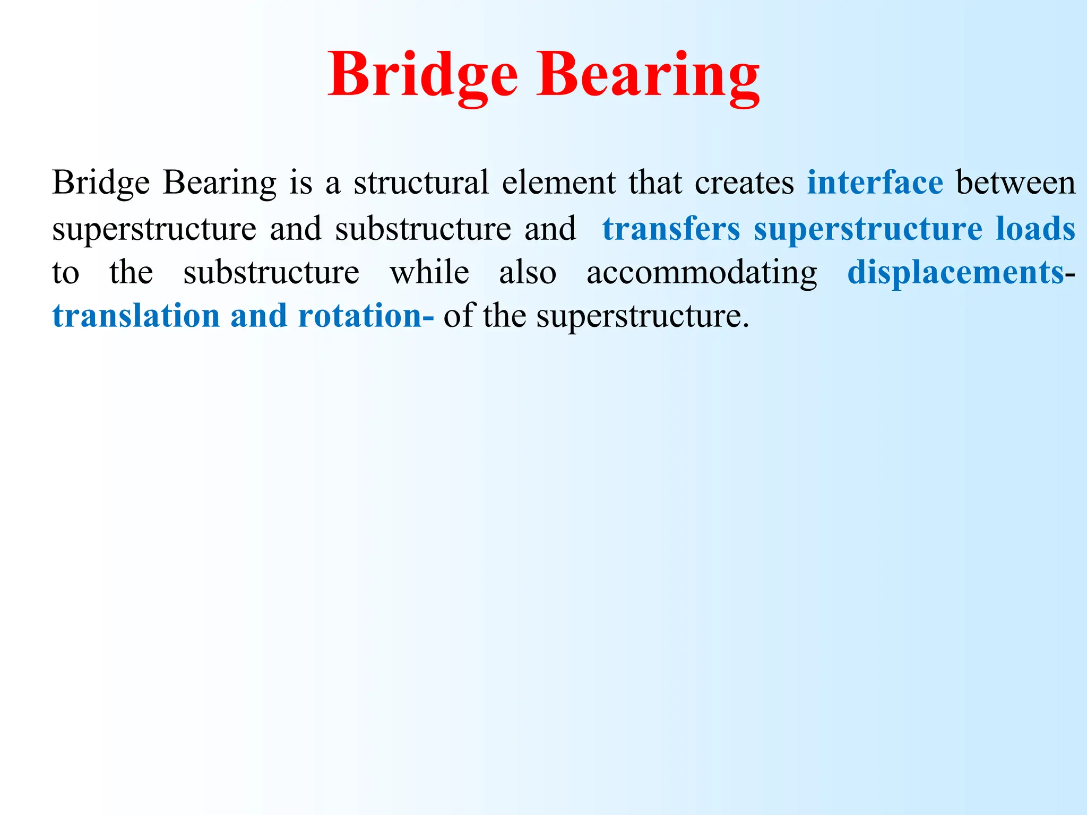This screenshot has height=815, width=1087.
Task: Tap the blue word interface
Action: [x=875, y=183]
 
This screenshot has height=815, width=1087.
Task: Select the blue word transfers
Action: [x=671, y=229]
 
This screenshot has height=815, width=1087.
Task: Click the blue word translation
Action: [x=136, y=316]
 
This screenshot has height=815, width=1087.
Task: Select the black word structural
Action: [x=421, y=183]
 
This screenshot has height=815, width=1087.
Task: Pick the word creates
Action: [x=744, y=183]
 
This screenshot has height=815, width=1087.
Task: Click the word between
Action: [x=1015, y=183]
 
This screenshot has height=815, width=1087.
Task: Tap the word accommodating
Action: [x=702, y=274]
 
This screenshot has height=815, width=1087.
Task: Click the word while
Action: [x=429, y=273]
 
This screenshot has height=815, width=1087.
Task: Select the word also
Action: [x=528, y=273]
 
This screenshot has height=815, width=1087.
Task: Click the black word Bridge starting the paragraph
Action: [x=101, y=183]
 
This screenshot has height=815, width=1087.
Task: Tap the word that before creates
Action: [x=655, y=183]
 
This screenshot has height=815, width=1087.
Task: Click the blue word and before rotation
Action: [x=258, y=316]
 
